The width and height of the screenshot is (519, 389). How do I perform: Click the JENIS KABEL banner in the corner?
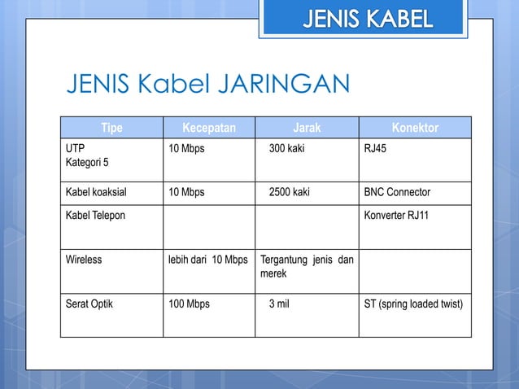(368, 18)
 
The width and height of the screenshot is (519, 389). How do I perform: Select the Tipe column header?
(111, 128)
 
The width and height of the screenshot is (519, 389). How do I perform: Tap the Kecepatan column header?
(209, 128)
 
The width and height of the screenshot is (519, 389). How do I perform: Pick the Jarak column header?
(307, 128)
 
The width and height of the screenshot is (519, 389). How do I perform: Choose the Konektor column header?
(415, 128)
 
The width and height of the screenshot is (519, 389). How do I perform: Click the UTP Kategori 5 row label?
(85, 157)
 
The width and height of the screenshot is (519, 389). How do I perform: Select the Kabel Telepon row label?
(95, 216)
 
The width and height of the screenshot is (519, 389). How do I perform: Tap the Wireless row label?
(84, 260)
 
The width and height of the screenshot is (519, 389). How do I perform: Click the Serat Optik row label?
(89, 304)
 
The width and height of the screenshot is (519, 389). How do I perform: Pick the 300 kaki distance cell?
(289, 150)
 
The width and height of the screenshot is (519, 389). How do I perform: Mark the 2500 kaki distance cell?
(291, 193)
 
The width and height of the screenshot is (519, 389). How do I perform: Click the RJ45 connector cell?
(377, 150)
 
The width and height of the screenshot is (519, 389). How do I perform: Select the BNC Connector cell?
(398, 193)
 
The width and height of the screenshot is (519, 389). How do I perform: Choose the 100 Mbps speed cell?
(189, 304)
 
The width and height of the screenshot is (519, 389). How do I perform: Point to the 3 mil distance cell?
(281, 304)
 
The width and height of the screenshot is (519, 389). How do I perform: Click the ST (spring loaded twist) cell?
(414, 304)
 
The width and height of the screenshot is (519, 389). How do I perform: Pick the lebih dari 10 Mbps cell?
(207, 260)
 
